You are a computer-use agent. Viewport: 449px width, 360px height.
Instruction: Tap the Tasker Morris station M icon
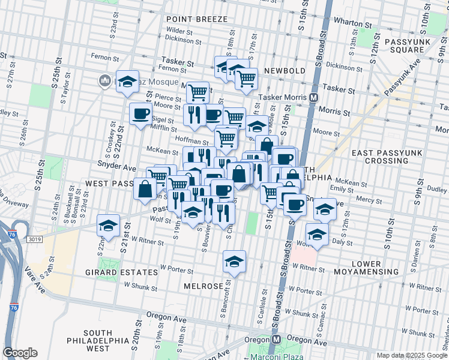pyautogui.click(x=314, y=97)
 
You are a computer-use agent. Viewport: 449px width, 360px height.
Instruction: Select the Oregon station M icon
pyautogui.click(x=276, y=339)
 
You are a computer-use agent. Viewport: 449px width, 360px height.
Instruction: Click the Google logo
pyautogui.click(x=20, y=353)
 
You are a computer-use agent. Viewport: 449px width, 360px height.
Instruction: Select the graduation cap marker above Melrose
pyautogui.click(x=235, y=261)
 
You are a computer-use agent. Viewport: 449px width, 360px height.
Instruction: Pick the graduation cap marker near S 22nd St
pyautogui.click(x=108, y=225)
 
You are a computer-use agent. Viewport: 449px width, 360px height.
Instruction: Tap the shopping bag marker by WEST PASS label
pyautogui.click(x=145, y=188)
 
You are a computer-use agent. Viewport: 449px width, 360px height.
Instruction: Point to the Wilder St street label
pyautogui.click(x=178, y=29)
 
